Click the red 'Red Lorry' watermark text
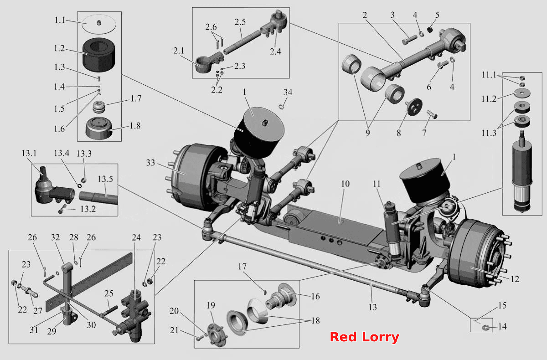364,337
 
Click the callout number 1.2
59,48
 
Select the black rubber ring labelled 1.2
98,55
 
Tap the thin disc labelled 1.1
98,24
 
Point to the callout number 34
288,92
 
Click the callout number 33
150,163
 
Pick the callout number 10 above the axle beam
345,184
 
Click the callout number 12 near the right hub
515,279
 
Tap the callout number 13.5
105,179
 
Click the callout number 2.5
240,22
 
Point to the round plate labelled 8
414,107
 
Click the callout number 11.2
489,99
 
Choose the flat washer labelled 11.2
522,93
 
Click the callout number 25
108,293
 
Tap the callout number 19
211,305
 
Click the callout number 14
502,326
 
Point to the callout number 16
315,296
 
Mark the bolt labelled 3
409,40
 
